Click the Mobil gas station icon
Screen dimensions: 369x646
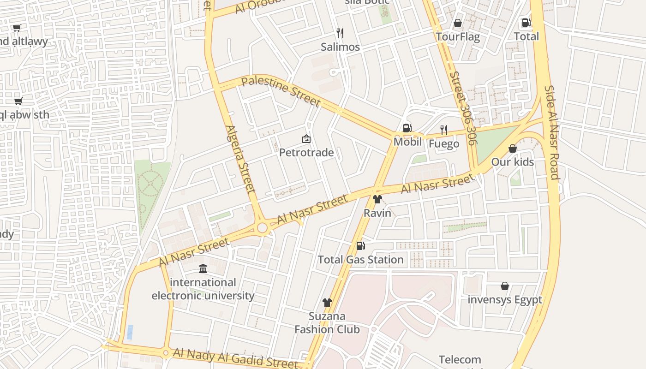point(407,128)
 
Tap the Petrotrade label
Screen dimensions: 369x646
point(306,152)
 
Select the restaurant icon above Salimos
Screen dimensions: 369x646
point(340,33)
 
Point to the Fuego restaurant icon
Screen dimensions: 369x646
point(444,130)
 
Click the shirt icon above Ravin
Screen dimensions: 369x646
point(377,199)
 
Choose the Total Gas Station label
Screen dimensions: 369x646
point(360,260)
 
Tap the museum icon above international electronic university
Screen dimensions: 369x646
point(203,268)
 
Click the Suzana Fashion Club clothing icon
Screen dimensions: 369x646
point(327,303)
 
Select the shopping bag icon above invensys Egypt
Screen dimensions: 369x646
point(505,286)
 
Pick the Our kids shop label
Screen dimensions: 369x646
point(512,162)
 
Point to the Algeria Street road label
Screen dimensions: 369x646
point(240,159)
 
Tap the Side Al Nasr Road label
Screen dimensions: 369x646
point(552,132)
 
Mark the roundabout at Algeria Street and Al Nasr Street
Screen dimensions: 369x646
point(263,227)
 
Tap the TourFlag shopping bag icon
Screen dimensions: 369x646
point(458,23)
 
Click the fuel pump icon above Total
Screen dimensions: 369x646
point(526,22)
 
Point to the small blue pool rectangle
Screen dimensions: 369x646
point(130,332)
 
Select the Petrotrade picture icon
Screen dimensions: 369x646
point(306,138)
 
